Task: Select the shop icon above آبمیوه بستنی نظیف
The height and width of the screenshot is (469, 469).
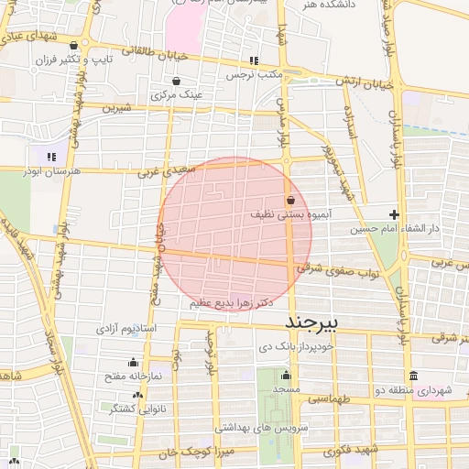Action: point(290,199)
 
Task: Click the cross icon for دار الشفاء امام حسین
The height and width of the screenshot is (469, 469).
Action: point(395,213)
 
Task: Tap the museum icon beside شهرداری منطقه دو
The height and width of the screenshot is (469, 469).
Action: point(413,376)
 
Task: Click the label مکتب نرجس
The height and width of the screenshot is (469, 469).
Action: point(254,72)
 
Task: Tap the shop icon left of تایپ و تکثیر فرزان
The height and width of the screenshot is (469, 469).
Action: point(73,45)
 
